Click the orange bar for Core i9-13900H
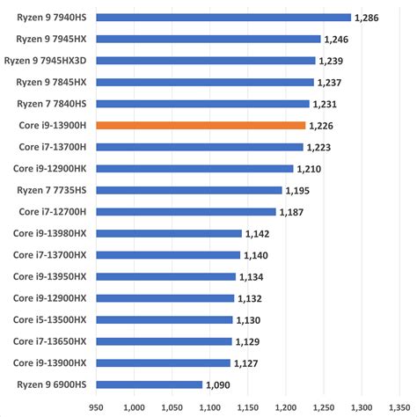[201, 126]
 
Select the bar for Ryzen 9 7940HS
[223, 17]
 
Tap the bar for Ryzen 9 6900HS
[149, 384]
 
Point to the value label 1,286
[369, 17]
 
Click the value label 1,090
[217, 384]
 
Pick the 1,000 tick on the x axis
[135, 406]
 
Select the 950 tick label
[97, 406]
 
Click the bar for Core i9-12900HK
[194, 169]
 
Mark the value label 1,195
[298, 191]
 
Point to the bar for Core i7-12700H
[186, 212]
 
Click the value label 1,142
[257, 234]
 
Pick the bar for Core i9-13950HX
[165, 276]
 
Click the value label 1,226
[321, 126]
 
